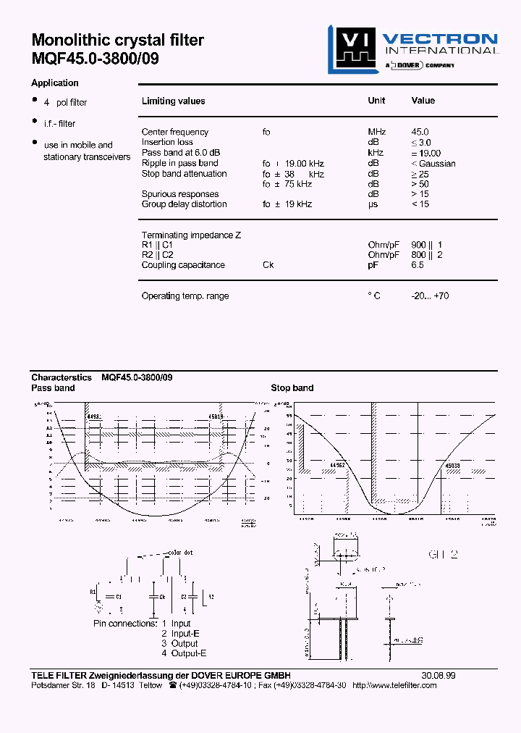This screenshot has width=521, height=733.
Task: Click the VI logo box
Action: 350,49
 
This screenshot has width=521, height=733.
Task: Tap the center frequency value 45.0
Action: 420,132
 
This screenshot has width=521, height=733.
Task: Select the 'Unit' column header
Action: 376,101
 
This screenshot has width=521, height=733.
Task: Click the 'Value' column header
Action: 423,101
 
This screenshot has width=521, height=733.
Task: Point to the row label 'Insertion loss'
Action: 168,142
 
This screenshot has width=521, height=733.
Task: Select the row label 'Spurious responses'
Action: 180,194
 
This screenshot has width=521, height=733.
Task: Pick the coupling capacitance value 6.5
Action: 418,265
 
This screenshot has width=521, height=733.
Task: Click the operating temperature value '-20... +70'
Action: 430,296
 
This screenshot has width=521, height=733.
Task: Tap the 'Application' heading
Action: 55,83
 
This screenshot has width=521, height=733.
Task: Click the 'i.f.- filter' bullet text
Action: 59,124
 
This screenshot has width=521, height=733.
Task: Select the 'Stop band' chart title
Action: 292,388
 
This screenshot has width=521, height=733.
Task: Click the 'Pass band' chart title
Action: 53,388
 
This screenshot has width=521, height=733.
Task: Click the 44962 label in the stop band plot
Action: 338,466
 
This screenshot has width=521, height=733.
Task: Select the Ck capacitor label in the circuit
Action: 164,596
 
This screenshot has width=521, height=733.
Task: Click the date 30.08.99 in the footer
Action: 439,675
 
